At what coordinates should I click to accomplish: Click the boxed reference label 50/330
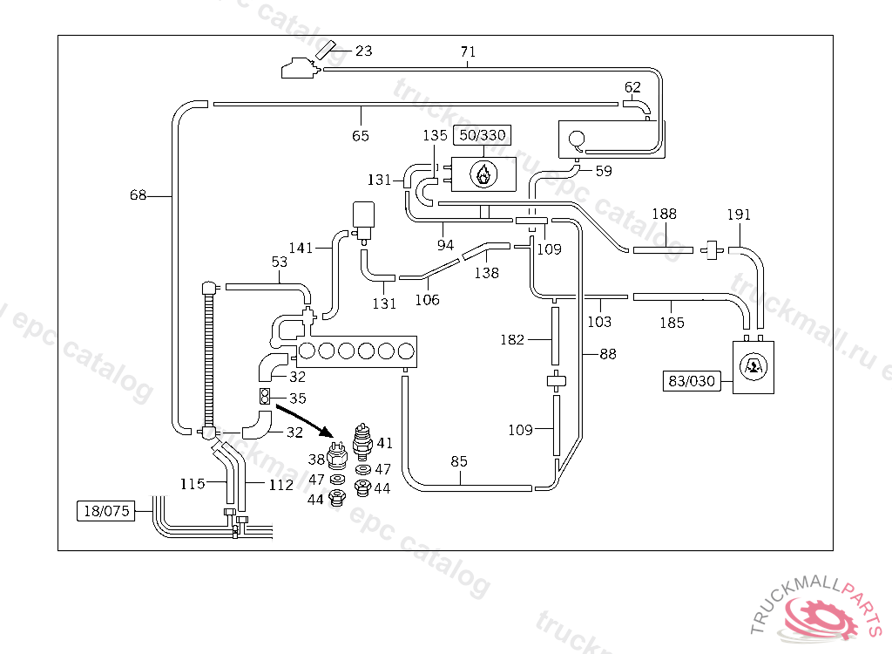(483, 135)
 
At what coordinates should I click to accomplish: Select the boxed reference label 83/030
(692, 380)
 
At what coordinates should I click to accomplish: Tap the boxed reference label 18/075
(106, 510)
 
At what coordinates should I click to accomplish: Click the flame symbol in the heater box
(483, 174)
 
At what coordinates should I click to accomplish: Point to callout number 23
(363, 51)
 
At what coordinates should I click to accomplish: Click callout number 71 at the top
(468, 51)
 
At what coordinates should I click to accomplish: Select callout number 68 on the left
(138, 194)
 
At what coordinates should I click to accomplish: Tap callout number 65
(360, 135)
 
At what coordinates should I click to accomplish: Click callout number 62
(632, 87)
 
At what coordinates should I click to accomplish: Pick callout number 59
(603, 171)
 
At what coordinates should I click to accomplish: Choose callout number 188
(664, 214)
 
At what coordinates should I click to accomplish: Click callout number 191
(739, 215)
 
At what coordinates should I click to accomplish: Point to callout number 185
(672, 323)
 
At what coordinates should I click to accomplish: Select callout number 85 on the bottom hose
(458, 461)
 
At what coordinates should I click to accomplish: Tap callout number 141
(301, 248)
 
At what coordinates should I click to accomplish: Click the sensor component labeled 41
(362, 441)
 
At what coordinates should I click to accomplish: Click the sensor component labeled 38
(337, 455)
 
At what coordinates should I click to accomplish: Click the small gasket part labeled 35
(265, 396)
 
